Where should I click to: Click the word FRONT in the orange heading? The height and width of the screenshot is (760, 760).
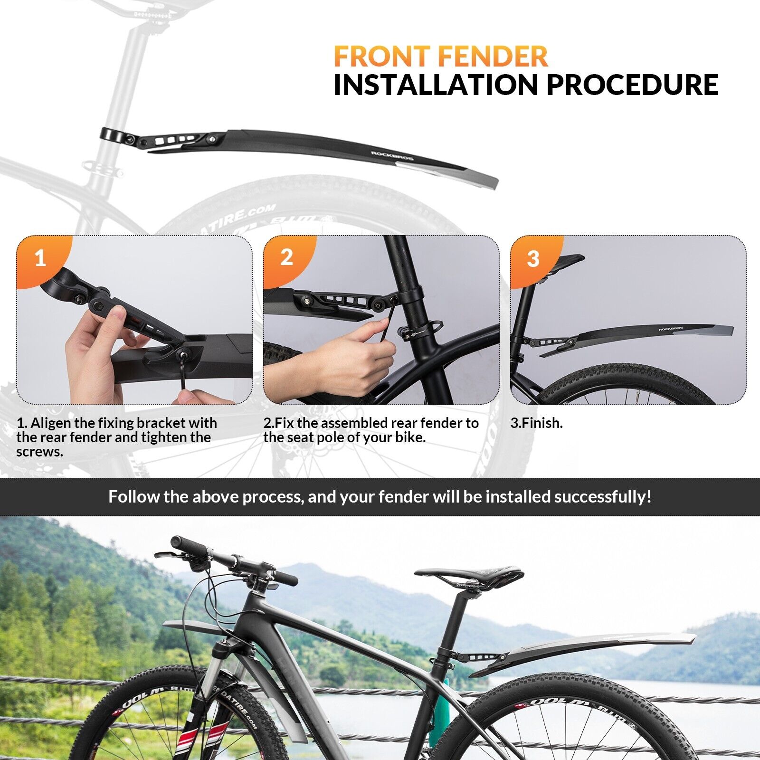383,56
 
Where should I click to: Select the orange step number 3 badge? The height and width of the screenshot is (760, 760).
534,259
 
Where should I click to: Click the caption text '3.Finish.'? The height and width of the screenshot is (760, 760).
536,423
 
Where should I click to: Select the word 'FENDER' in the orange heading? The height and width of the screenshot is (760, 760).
493,56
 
